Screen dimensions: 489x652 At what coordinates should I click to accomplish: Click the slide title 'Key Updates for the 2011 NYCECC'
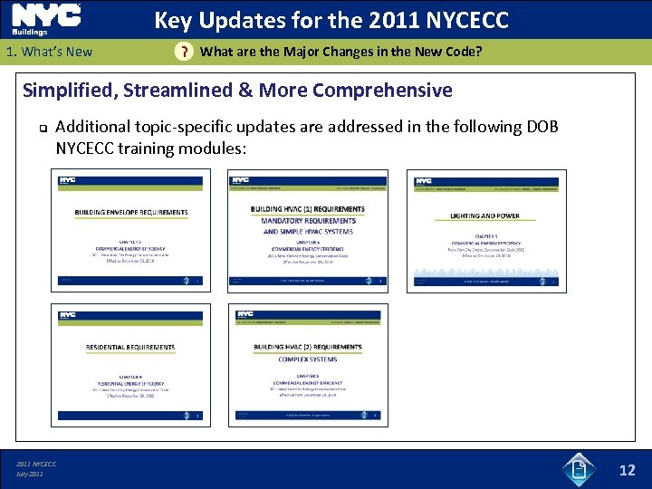click(x=331, y=20)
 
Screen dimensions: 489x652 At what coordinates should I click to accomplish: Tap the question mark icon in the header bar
click(x=184, y=52)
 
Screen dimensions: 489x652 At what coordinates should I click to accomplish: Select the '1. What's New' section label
click(x=49, y=52)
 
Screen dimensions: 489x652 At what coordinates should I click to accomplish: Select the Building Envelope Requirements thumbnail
click(x=130, y=230)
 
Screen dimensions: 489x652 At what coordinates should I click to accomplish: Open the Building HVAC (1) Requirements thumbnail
click(x=308, y=230)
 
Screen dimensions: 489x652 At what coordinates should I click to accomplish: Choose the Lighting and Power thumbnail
click(x=486, y=230)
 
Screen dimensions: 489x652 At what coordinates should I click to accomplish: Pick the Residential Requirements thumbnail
click(x=130, y=364)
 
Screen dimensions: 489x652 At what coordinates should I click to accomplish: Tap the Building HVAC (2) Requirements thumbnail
click(x=308, y=364)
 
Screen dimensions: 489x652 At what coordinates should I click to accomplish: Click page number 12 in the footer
click(x=627, y=470)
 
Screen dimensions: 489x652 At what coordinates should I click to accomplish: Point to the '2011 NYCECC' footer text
click(x=36, y=465)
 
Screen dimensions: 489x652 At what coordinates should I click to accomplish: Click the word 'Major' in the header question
click(x=282, y=52)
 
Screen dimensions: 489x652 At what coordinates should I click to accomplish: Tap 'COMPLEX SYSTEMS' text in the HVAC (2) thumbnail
click(x=308, y=360)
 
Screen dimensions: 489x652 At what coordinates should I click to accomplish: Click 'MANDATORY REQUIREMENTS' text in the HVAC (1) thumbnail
click(x=308, y=221)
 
